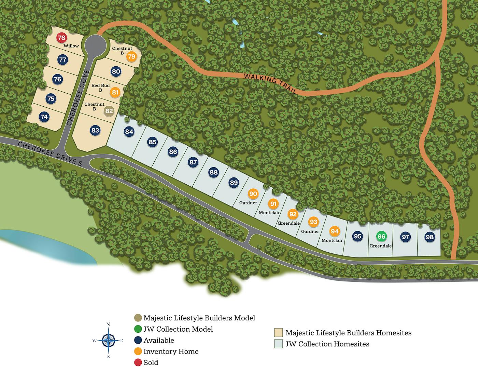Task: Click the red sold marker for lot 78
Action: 61,38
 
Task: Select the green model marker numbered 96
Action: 381,237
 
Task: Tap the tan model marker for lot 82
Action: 109,111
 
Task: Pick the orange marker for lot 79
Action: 131,57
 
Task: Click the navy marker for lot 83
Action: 95,130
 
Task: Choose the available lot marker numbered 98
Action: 430,237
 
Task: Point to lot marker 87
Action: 193,162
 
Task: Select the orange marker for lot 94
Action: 335,231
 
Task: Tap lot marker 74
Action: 44,117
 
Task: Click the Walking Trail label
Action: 270,83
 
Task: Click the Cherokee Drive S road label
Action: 50,154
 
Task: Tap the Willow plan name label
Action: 71,46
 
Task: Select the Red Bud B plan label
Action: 100,88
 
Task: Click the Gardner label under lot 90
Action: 248,203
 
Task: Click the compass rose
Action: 108,340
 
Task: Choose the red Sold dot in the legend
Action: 138,362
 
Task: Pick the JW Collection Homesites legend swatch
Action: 278,344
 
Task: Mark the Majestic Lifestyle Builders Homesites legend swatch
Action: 278,333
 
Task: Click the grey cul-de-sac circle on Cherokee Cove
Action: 95,44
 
